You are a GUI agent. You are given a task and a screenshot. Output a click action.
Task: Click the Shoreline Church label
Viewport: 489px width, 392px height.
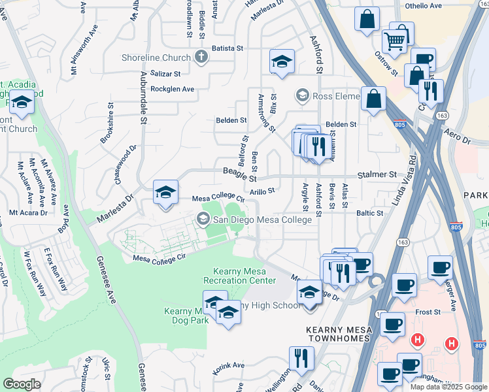point(156,57)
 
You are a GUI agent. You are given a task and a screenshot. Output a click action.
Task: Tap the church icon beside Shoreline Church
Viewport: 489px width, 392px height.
point(201,57)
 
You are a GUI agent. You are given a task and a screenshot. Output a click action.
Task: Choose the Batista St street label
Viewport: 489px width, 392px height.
point(227,48)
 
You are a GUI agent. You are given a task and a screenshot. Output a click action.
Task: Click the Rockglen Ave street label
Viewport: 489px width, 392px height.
point(173,89)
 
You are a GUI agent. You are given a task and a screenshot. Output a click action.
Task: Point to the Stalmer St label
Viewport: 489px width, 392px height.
point(377,175)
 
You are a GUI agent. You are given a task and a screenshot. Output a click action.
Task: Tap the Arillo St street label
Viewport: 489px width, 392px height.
point(263,191)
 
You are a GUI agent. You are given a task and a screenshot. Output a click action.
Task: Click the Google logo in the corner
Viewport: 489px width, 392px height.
point(22,384)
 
